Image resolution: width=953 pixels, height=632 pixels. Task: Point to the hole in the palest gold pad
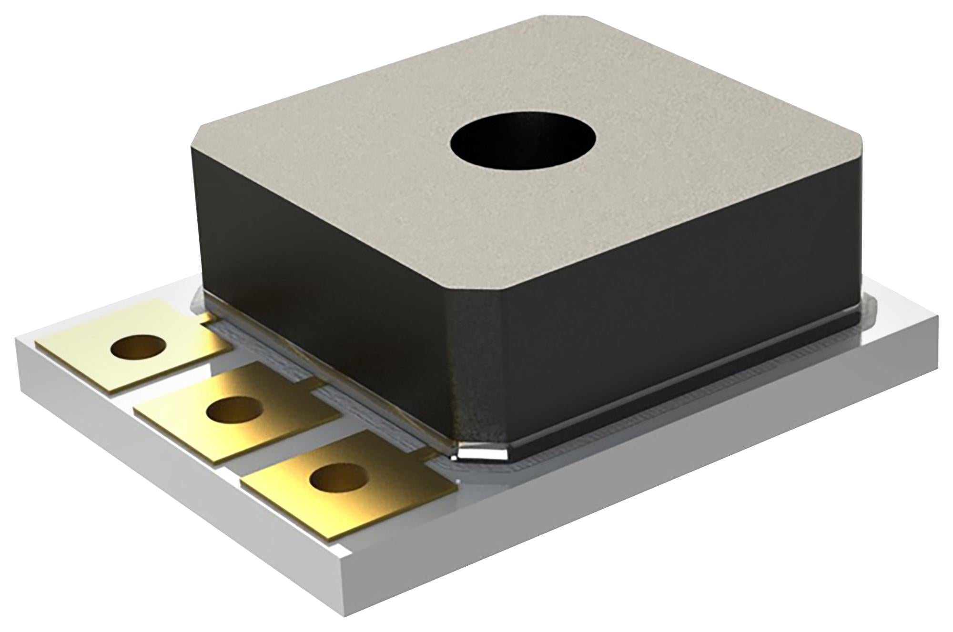tap(136, 347)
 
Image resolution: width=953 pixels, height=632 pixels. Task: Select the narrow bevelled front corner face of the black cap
tap(476, 362)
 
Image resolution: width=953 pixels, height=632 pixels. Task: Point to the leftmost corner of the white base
tap(17, 341)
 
